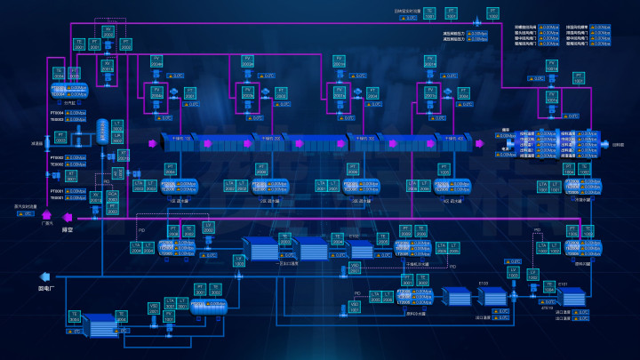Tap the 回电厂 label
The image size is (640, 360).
coord(47,288)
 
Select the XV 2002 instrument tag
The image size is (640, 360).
coord(108,33)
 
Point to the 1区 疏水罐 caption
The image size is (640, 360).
coord(179,200)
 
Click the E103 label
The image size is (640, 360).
coord(355,236)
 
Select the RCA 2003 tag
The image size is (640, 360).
coord(113,198)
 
